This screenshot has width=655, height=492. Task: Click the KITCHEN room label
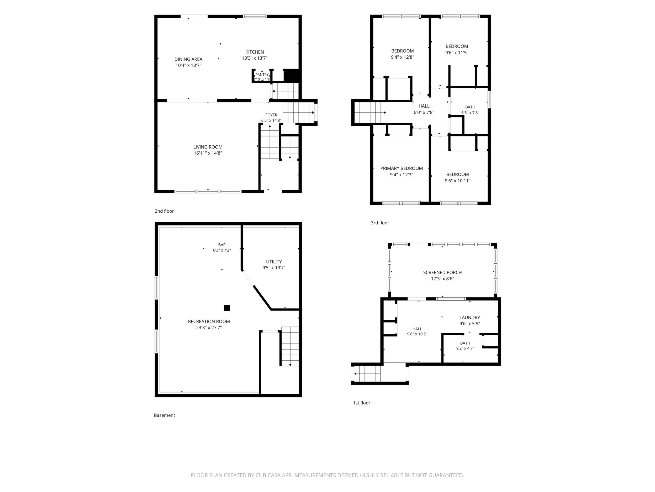pos(254,52)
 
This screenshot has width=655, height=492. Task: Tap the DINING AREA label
pos(188,59)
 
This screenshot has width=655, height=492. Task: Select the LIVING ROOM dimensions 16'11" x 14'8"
pos(208,153)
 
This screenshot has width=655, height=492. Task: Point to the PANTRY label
pos(262,75)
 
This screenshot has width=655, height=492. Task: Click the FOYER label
pos(271,115)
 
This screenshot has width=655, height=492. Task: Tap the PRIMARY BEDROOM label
pos(402,168)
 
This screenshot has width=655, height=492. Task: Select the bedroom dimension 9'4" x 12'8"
pos(402,57)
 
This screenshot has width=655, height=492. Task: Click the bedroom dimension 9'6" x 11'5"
pos(457,53)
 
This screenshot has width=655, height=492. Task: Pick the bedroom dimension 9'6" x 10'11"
pos(457,181)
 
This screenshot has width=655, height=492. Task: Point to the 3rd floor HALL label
pos(424,106)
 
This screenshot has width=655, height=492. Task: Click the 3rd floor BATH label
pos(470,107)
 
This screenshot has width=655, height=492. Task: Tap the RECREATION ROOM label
pos(209,321)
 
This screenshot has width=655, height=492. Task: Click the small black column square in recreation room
pos(227,308)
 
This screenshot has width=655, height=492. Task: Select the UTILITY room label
pos(274,262)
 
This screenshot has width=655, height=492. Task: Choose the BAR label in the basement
pos(222,245)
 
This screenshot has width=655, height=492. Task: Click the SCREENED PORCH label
pos(442,273)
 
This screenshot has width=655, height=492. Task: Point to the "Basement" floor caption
pos(164,416)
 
